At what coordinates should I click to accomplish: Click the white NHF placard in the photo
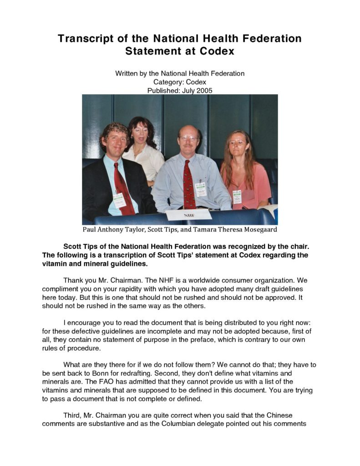point(188,214)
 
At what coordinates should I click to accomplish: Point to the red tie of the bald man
point(188,184)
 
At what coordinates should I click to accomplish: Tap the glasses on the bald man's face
point(188,138)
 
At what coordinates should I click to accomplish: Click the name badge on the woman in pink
point(237,196)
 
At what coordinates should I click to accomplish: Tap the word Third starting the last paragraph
point(72,415)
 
